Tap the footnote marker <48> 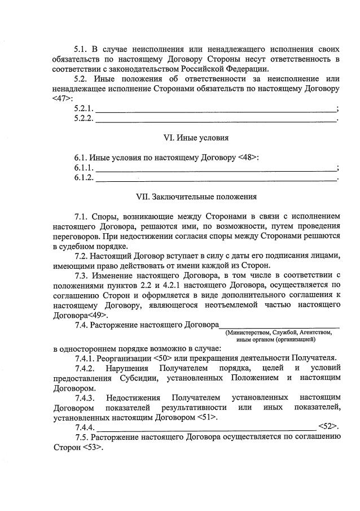pyautogui.click(x=249, y=157)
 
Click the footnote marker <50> pyautogui.click(x=163, y=357)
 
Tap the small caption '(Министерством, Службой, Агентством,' pyautogui.click(x=279, y=333)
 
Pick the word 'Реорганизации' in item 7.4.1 pyautogui.click(x=124, y=357)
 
